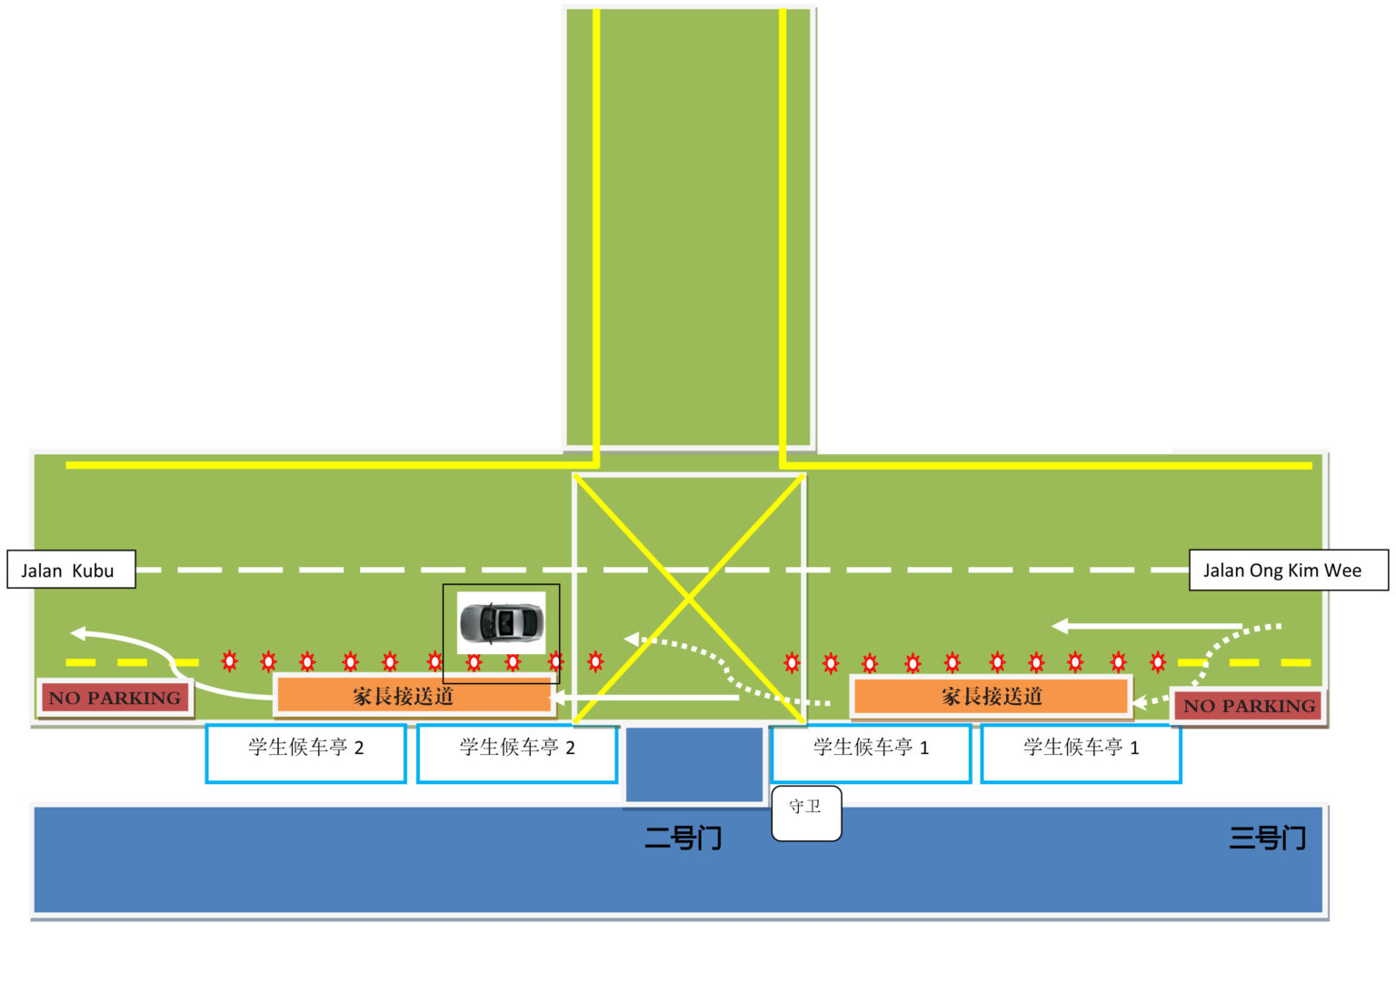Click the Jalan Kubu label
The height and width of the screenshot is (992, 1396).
point(71,569)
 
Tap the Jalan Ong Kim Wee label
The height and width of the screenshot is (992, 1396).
point(1288,570)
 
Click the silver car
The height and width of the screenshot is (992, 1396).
point(501,622)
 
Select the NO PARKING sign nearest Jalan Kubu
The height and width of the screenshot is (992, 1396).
point(115,698)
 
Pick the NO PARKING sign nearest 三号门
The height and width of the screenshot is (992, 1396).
point(1248,705)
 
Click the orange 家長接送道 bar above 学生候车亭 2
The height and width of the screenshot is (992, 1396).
point(414,695)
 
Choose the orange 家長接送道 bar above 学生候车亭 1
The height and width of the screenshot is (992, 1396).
point(991,695)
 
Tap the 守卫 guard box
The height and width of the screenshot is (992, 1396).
point(806,813)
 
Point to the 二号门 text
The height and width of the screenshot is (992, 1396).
point(683,838)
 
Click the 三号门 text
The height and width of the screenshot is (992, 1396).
point(1268,838)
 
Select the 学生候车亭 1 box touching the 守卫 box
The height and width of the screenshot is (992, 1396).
point(872,753)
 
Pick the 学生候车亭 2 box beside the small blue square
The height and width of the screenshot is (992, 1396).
point(517,753)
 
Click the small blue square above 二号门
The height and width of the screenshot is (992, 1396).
point(694,765)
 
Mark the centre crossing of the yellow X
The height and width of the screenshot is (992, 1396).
point(689,598)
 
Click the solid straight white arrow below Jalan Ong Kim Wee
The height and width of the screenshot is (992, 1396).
point(1147,626)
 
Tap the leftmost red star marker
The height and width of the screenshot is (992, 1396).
point(230,660)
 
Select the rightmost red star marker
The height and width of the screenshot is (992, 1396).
point(1158,661)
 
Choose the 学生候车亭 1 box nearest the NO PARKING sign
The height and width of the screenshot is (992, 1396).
point(1082,753)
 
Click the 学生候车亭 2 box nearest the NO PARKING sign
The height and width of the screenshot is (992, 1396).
point(306,753)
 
